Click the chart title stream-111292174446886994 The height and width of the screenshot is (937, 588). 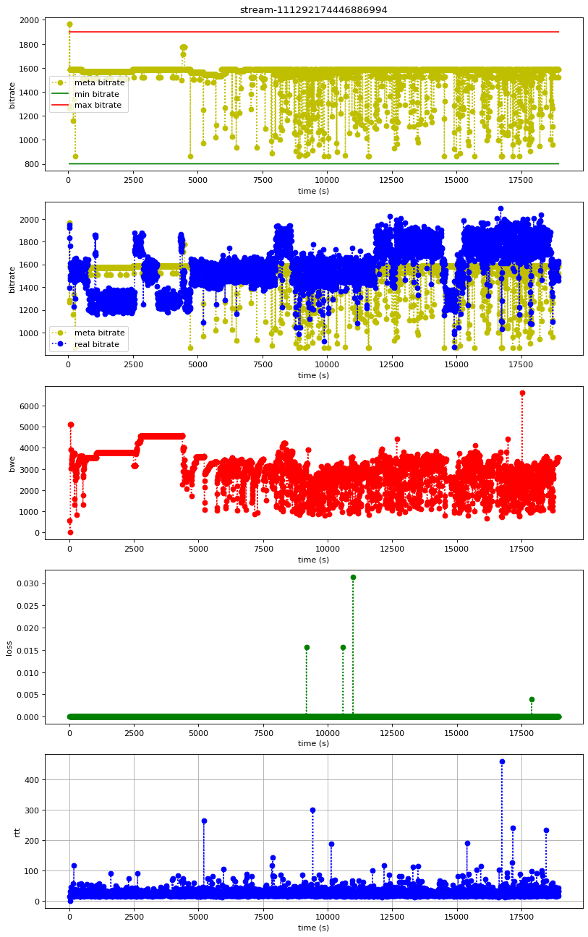coord(314,9)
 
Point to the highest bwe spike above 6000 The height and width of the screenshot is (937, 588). coord(522,393)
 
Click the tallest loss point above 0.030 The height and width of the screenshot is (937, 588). coord(353,577)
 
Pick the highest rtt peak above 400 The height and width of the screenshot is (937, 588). coord(502,761)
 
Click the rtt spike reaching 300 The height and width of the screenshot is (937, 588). coord(312,810)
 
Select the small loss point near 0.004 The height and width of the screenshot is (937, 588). coord(532,699)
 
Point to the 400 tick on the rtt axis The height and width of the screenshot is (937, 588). coord(32,779)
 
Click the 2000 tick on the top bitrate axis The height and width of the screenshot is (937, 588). coord(30,20)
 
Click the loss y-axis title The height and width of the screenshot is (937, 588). coord(9,647)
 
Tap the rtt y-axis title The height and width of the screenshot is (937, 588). coord(17,831)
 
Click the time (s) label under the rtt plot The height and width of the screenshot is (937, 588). coord(314,928)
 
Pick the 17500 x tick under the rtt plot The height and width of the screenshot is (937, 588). coord(521,916)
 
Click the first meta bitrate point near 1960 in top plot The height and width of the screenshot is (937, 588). coord(69,25)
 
